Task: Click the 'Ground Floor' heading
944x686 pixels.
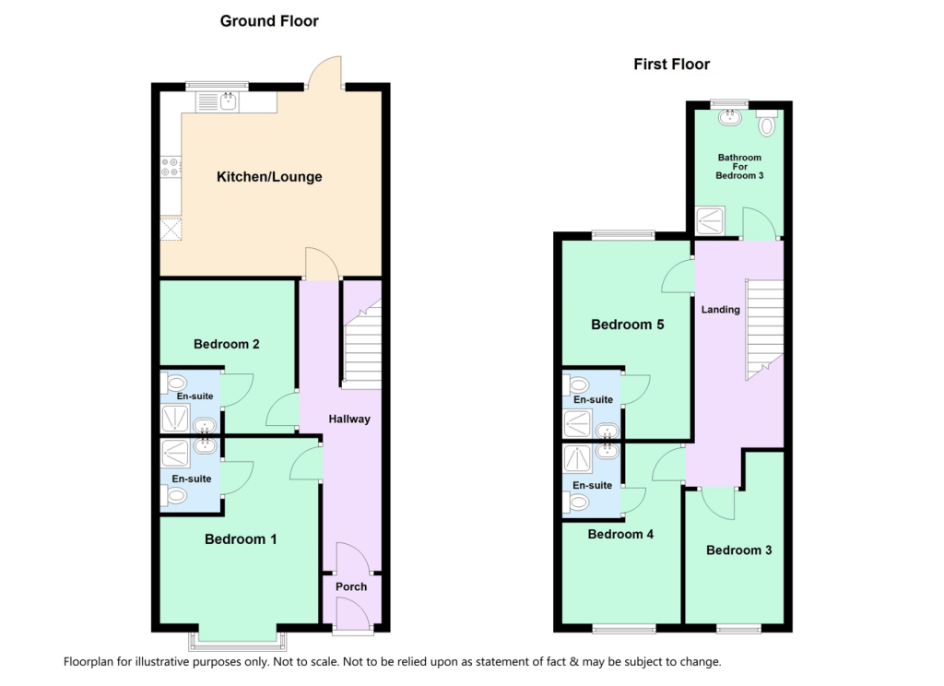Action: (x=269, y=21)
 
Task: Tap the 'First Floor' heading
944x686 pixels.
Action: (x=671, y=65)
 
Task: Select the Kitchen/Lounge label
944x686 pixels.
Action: (x=269, y=176)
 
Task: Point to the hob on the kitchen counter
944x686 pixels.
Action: (x=171, y=167)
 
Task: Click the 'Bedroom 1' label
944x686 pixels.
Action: (x=241, y=539)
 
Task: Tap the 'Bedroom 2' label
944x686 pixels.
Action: (x=226, y=344)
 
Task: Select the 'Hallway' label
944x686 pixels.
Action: (x=349, y=419)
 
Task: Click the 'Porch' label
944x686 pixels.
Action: (x=351, y=586)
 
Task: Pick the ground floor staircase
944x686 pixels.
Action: (x=362, y=346)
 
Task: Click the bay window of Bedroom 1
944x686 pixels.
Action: (x=237, y=638)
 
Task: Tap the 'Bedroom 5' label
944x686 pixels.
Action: (x=628, y=325)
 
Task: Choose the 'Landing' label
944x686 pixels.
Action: (x=720, y=310)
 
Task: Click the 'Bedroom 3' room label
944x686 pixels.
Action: (x=738, y=550)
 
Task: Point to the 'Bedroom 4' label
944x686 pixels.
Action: (x=620, y=534)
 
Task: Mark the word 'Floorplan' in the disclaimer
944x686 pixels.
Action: (x=92, y=662)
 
